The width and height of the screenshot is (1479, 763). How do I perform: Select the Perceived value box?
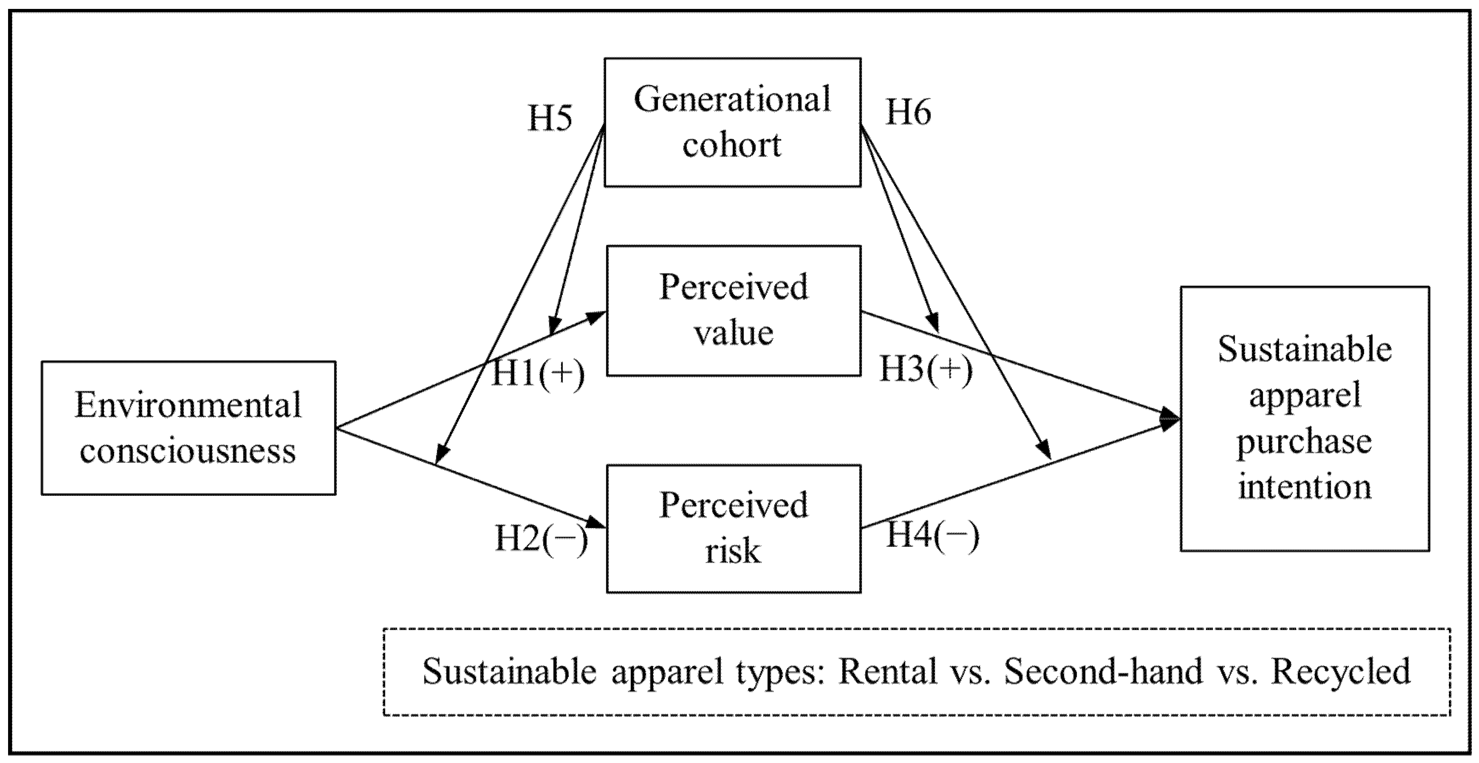tap(733, 311)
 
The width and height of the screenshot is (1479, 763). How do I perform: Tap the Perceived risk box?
tap(733, 528)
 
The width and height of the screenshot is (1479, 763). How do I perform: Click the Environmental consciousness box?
tap(188, 428)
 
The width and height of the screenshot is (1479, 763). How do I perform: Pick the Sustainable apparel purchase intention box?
tap(1304, 418)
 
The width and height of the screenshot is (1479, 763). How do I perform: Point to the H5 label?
tap(549, 118)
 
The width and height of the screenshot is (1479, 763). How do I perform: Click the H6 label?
tap(908, 112)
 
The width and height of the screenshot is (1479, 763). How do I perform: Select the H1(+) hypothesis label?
tap(538, 374)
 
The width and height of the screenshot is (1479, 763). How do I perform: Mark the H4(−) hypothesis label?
tap(933, 536)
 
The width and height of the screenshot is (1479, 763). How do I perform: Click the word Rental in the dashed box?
tap(888, 670)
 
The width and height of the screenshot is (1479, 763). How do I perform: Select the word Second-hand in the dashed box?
tap(1103, 670)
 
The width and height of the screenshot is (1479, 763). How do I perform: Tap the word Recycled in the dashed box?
tap(1340, 670)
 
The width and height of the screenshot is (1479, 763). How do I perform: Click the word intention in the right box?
tap(1304, 486)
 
